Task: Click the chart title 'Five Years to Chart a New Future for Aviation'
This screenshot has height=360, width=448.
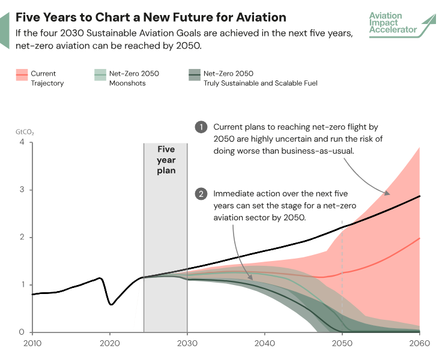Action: [x=151, y=17]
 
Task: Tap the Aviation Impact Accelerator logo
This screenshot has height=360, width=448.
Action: [x=402, y=24]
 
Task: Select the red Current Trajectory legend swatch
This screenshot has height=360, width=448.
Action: [x=22, y=74]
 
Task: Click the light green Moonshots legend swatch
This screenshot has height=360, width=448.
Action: [x=100, y=74]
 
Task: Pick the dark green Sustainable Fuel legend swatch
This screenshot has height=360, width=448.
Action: [x=194, y=74]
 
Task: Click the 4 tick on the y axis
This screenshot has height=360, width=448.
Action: [x=22, y=142]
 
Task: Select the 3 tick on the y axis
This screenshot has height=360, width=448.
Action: [x=22, y=190]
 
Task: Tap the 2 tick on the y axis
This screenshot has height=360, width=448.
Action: [x=22, y=237]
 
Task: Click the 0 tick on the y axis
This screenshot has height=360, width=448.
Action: [x=22, y=332]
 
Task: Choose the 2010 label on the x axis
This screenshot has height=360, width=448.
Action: [x=32, y=344]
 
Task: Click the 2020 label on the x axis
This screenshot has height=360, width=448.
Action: [x=109, y=344]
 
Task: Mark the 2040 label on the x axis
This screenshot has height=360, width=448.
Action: [x=264, y=344]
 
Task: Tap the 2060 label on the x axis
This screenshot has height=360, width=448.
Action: [x=419, y=344]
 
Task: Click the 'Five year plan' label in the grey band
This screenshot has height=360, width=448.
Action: [x=166, y=160]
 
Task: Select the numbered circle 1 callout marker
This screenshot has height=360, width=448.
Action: [x=201, y=127]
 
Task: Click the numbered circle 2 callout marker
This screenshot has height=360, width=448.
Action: [x=201, y=194]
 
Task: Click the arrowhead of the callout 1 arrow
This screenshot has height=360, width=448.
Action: [x=387, y=194]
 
